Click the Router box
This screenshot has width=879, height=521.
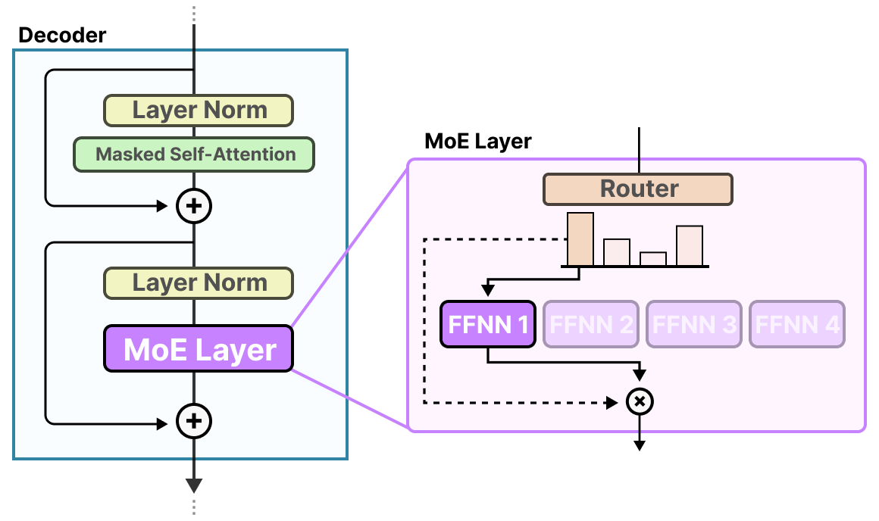click(x=638, y=189)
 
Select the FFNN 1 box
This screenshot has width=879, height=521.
click(x=489, y=325)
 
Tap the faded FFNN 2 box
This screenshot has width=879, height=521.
click(x=592, y=325)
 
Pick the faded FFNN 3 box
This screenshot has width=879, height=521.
click(x=694, y=325)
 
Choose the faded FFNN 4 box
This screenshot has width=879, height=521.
click(x=797, y=325)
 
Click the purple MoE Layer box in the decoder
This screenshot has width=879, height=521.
click(x=199, y=349)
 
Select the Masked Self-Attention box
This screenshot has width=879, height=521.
click(x=194, y=154)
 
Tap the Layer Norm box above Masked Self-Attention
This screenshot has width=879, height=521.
click(x=199, y=111)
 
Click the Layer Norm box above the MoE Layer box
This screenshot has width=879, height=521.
click(x=199, y=283)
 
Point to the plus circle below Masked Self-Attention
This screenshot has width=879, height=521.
click(x=194, y=205)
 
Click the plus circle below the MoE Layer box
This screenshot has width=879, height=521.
click(x=194, y=421)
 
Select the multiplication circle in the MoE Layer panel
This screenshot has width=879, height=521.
click(x=640, y=401)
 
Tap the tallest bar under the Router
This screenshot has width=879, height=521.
click(x=580, y=239)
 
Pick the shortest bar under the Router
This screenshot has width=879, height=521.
click(x=653, y=258)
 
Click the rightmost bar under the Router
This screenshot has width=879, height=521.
click(x=690, y=245)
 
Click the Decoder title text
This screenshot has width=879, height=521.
click(x=62, y=35)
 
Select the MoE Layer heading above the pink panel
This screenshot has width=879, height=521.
click(x=478, y=142)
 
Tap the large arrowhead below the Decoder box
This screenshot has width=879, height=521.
click(x=194, y=485)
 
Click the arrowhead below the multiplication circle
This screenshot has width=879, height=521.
click(x=640, y=445)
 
